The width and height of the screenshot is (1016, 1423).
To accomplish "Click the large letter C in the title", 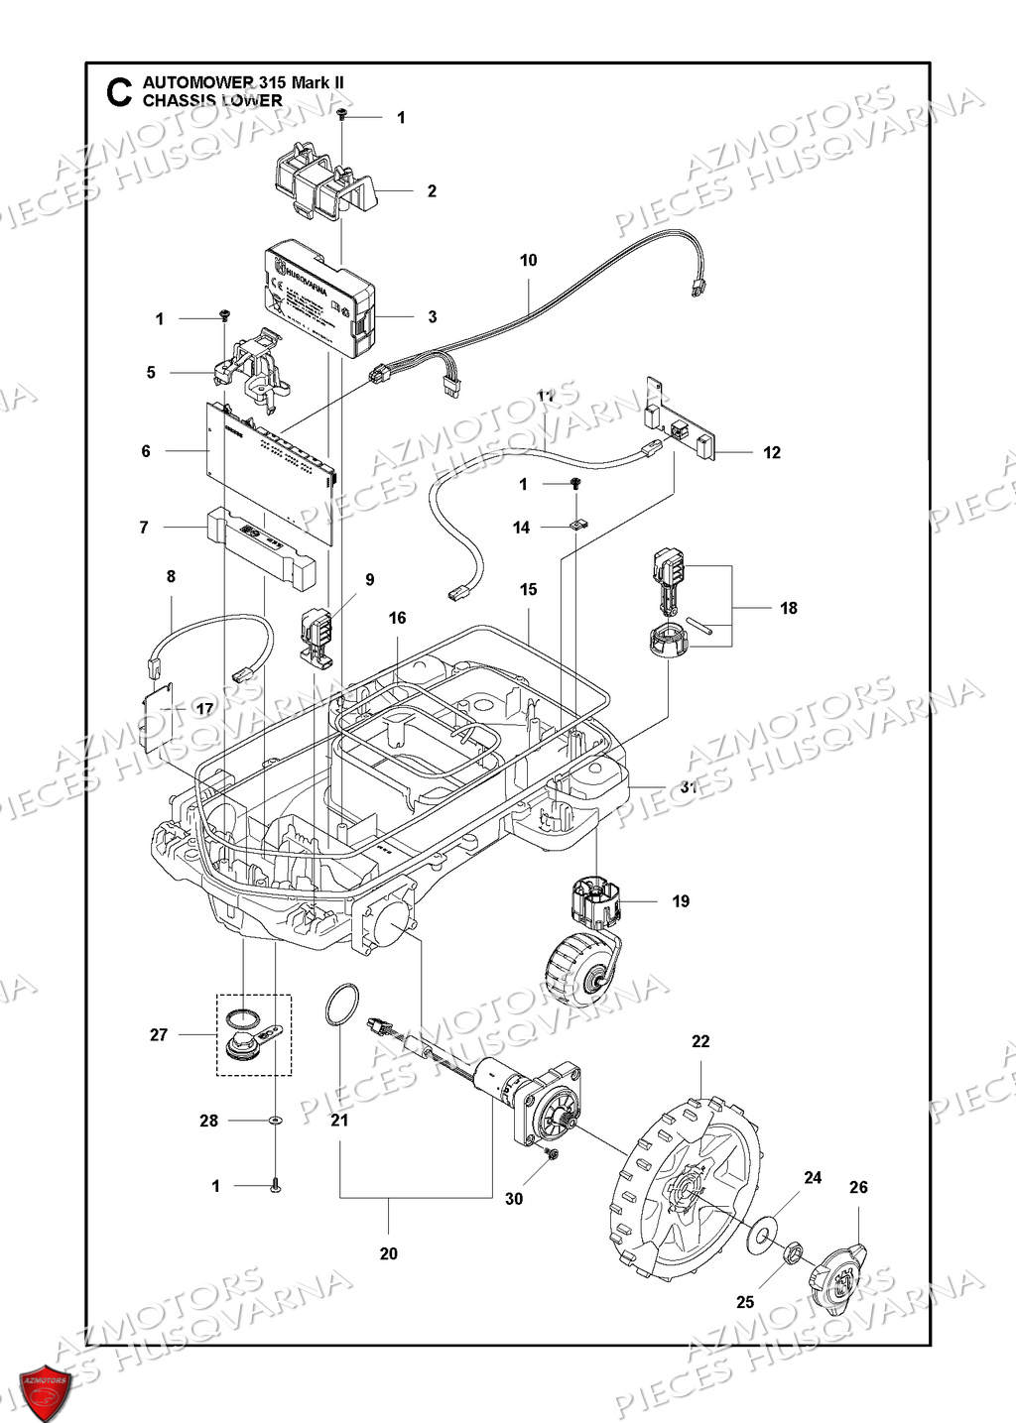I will [118, 92].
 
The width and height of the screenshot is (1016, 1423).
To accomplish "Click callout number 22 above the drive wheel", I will [700, 1041].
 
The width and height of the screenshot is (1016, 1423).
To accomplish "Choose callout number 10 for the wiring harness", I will [528, 260].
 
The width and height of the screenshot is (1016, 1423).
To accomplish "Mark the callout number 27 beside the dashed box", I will [159, 1034].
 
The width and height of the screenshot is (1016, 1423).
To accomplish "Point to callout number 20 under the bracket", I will [388, 1253].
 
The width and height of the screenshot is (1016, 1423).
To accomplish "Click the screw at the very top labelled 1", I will [342, 117].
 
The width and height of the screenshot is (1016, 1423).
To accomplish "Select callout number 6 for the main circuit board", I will [146, 451].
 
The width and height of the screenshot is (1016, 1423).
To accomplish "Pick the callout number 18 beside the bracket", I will [788, 608].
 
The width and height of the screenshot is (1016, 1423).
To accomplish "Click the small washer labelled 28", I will [274, 1121].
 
